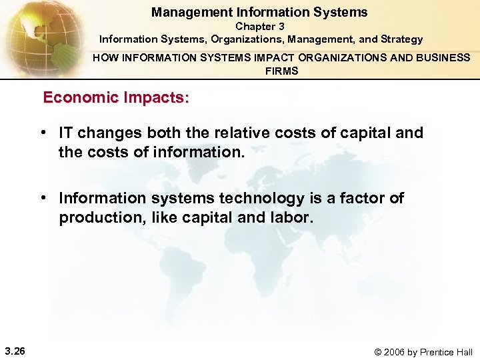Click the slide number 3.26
coord(15,351)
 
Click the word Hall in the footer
coord(462,352)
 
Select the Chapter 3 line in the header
coord(260,27)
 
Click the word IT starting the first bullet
coord(67,133)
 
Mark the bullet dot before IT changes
coord(43,133)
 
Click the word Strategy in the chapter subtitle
coord(400,39)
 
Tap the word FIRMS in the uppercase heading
coord(281,71)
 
